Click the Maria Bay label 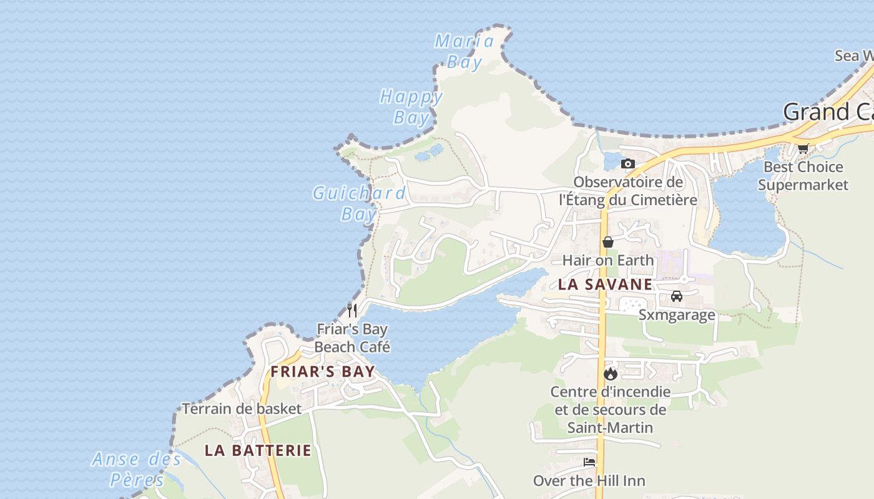coord(465,51)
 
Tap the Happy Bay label coord(411,107)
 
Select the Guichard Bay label coord(360,203)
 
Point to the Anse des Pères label coord(137,469)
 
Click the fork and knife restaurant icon coord(352,310)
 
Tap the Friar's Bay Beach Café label coord(352,337)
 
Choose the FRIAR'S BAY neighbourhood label coord(322,372)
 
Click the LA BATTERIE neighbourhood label coord(258,450)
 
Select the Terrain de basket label coord(242,409)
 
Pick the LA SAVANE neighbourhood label coord(605,285)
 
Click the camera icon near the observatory coord(628,164)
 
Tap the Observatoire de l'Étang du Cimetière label coord(628,191)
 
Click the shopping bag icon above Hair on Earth coord(608,242)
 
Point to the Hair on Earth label coord(608,260)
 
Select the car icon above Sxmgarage coord(677,296)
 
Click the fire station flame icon coord(611,374)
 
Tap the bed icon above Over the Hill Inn coord(589,462)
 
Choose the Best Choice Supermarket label coord(803,176)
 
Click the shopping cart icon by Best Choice coord(803,148)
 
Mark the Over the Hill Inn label coord(589,481)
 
